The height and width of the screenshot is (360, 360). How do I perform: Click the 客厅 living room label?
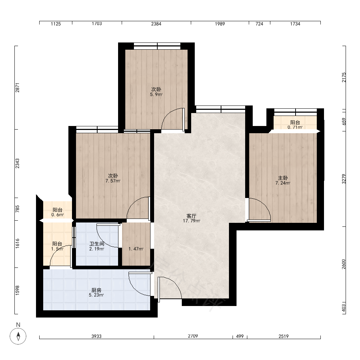pyautogui.click(x=191, y=216)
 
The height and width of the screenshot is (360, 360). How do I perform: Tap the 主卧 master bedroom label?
pyautogui.click(x=283, y=178)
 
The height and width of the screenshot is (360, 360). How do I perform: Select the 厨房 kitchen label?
pyautogui.click(x=96, y=290)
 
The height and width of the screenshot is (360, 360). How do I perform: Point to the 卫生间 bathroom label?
pyautogui.click(x=96, y=244)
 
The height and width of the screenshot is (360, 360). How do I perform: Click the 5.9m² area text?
pyautogui.click(x=156, y=94)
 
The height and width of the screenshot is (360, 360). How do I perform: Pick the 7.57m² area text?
pyautogui.click(x=113, y=181)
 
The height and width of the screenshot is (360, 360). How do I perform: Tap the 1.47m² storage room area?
pyautogui.click(x=136, y=249)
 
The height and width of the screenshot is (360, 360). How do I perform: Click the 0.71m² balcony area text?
pyautogui.click(x=295, y=127)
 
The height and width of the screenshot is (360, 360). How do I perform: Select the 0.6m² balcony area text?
pyautogui.click(x=58, y=215)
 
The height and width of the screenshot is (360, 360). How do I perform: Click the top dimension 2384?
pyautogui.click(x=156, y=24)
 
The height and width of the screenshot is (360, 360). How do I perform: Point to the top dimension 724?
pyautogui.click(x=260, y=24)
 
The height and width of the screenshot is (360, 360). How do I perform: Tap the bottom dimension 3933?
pyautogui.click(x=96, y=336)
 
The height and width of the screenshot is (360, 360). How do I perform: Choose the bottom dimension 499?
pyautogui.click(x=240, y=336)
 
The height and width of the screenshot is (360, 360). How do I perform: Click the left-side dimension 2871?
pyautogui.click(x=17, y=87)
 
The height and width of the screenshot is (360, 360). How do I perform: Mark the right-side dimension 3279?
pyautogui.click(x=344, y=179)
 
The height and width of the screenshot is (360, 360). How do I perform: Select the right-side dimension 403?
pyautogui.click(x=344, y=308)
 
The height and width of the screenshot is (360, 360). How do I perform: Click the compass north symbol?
pyautogui.click(x=18, y=336)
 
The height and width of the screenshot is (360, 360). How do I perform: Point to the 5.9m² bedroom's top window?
pyautogui.click(x=157, y=46)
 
